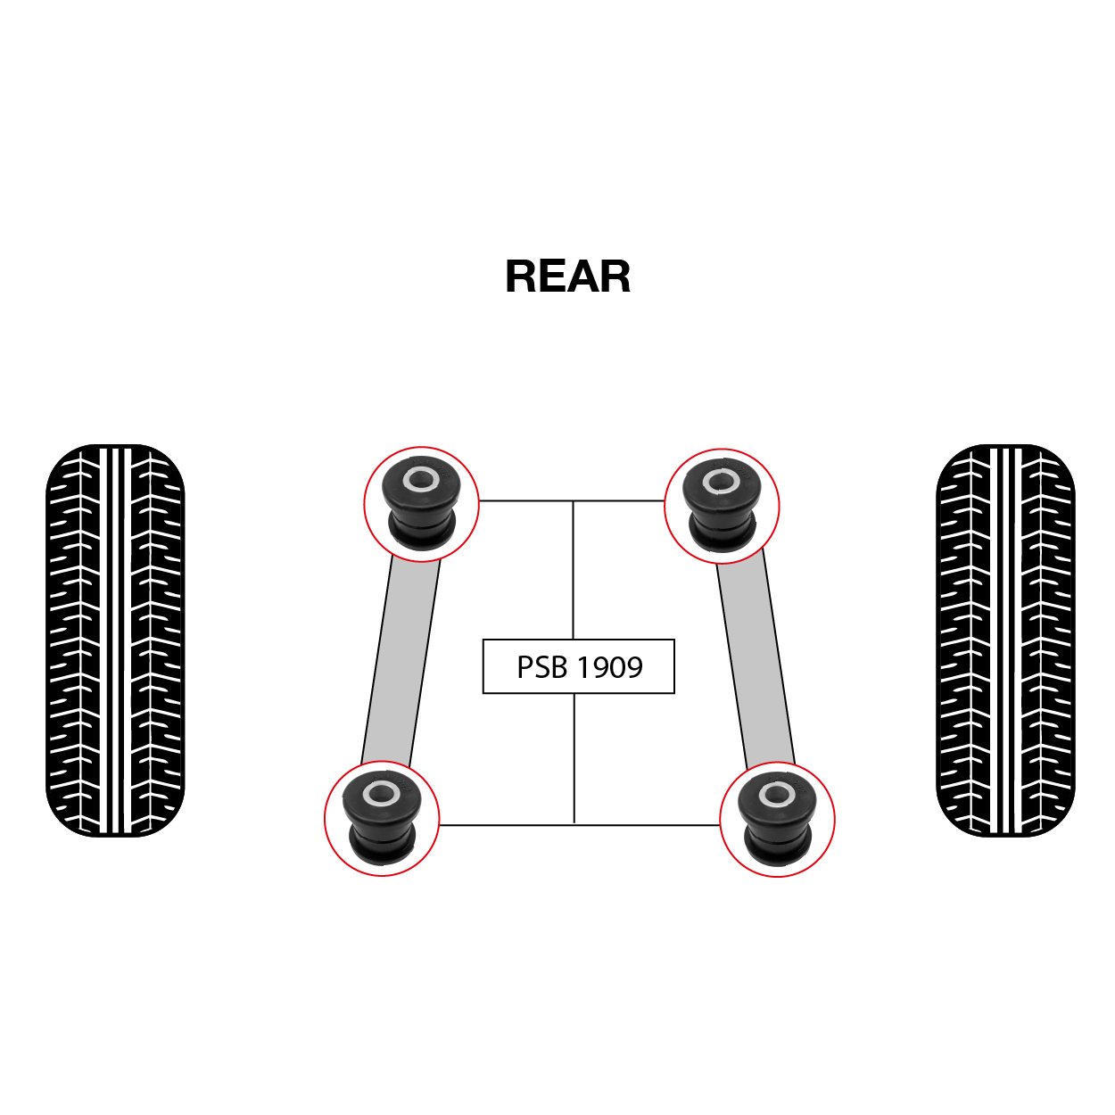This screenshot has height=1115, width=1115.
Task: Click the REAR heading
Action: [567, 277]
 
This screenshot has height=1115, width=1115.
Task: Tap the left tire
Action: [115, 640]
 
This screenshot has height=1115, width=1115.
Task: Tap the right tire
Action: [1005, 640]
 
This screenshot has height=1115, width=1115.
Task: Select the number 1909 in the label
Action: [610, 666]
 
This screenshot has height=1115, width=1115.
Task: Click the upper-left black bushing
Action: [421, 501]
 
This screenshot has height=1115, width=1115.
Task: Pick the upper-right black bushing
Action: [721, 503]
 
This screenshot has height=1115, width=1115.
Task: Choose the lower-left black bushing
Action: [381, 817]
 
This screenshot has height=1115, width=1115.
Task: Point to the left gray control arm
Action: [401, 658]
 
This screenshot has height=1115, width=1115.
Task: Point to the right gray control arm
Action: [756, 659]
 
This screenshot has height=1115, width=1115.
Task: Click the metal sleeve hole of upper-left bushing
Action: [421, 480]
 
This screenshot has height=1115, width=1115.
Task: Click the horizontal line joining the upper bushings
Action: [572, 501]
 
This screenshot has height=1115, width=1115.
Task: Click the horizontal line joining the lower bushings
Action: [579, 825]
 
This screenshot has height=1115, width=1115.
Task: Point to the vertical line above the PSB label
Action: [573, 570]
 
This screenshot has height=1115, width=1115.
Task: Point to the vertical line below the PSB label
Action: [574, 758]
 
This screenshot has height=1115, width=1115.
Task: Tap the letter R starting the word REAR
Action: [521, 277]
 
